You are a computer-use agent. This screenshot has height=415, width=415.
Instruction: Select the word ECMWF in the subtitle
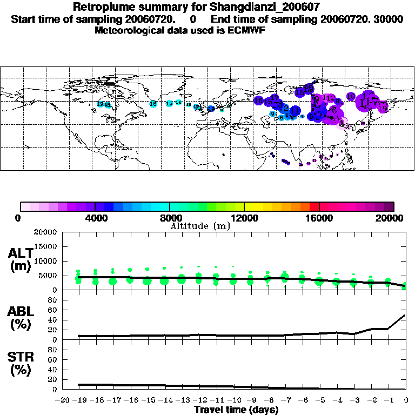coord(246,30)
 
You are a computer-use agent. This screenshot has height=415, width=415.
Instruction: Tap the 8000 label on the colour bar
coord(170,218)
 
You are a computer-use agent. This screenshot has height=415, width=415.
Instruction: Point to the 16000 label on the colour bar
coord(319,218)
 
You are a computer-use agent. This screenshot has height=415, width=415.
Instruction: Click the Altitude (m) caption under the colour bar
coord(200,226)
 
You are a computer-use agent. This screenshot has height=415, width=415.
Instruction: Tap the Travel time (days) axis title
coord(236,410)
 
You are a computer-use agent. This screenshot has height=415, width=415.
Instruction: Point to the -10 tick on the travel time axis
coord(233,400)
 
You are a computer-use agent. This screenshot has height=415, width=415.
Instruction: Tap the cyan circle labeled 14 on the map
coord(178,102)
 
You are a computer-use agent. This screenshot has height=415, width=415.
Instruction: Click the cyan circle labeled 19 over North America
coord(100,104)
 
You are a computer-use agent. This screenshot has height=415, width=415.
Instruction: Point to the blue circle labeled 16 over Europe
coord(259,101)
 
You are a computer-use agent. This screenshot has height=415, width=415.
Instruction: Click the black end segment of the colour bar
coord(389,206)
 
